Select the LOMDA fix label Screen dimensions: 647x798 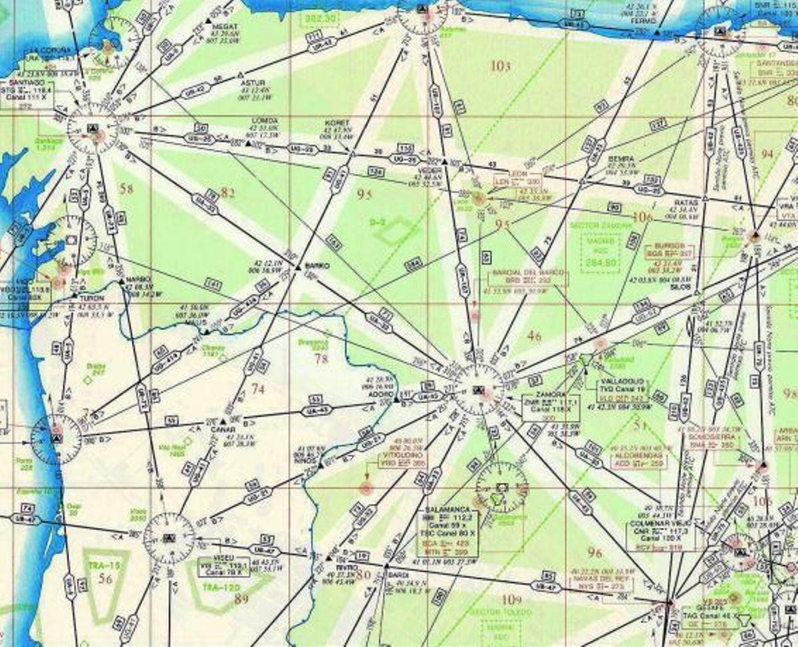[x=265, y=121]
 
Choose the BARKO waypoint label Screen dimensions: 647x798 [x=317, y=266]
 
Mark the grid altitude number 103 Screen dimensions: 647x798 [x=500, y=66]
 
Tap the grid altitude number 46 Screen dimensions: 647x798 [x=534, y=336]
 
